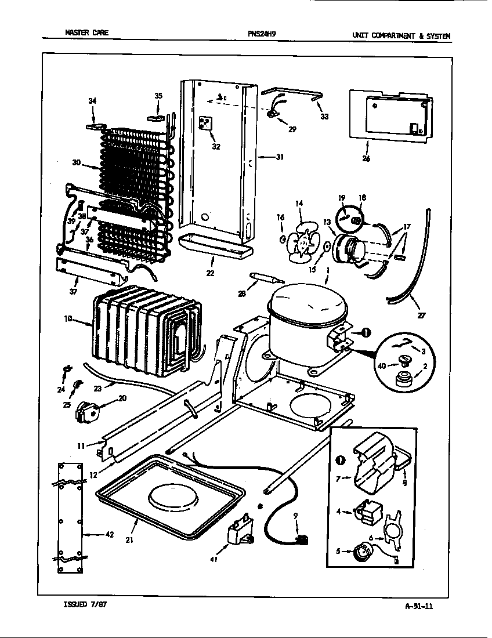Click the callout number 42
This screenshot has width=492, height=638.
[108, 535]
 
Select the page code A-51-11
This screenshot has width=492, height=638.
[419, 606]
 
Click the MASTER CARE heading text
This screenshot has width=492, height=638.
[86, 33]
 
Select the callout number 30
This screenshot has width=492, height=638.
[75, 163]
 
